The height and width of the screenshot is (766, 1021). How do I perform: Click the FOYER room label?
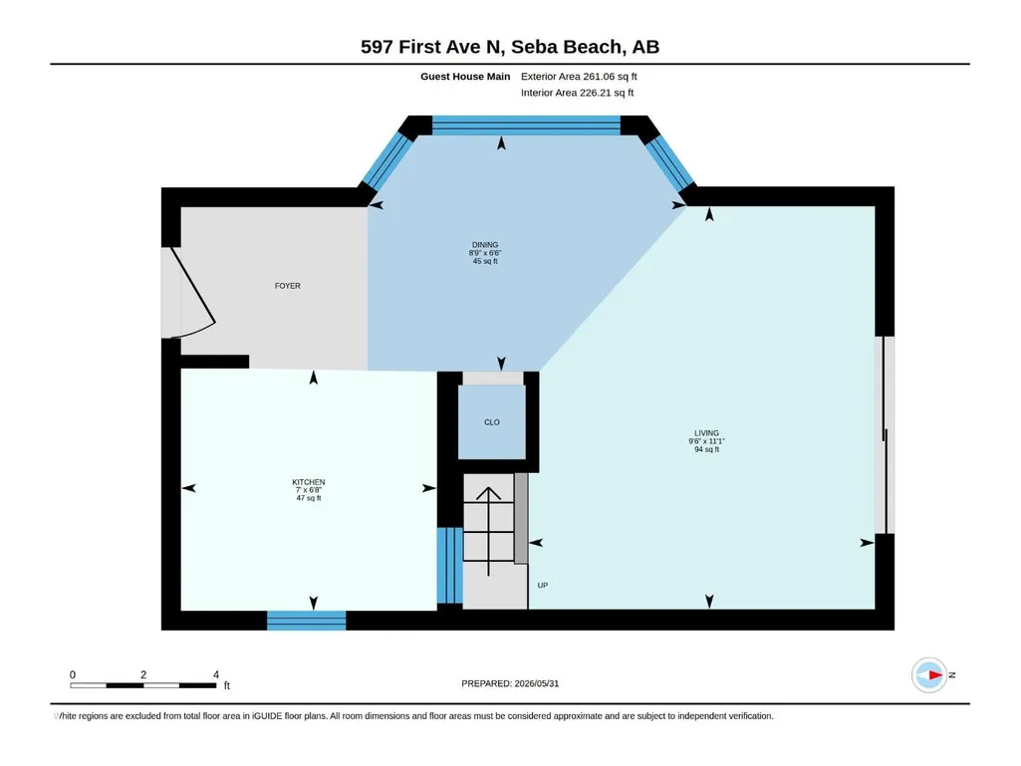point(287,286)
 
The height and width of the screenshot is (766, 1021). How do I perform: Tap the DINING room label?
point(485,245)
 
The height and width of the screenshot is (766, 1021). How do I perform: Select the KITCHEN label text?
point(309,482)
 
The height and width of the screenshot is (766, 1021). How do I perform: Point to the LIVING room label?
point(706,433)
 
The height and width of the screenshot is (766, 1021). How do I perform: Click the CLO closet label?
point(492,422)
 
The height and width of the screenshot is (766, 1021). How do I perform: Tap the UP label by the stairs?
point(543,586)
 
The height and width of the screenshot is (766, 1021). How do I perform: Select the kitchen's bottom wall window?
point(306,621)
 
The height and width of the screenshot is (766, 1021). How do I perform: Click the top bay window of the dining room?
point(526,126)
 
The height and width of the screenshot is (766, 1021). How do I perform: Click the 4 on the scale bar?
point(216,674)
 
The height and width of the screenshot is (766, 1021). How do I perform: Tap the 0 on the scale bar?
point(73,674)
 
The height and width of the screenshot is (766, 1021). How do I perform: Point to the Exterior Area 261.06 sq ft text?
point(579,77)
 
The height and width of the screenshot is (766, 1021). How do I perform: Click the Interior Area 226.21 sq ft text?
point(577,93)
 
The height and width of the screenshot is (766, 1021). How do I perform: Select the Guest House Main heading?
point(465,77)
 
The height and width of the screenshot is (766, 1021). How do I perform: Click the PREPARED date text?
point(510,684)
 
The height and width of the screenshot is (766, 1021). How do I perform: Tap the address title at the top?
point(510,47)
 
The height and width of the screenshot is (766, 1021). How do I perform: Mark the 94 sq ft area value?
point(706,449)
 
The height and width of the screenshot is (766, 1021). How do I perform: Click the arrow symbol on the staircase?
point(488,532)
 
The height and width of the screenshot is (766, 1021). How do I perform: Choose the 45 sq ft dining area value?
point(485,261)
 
